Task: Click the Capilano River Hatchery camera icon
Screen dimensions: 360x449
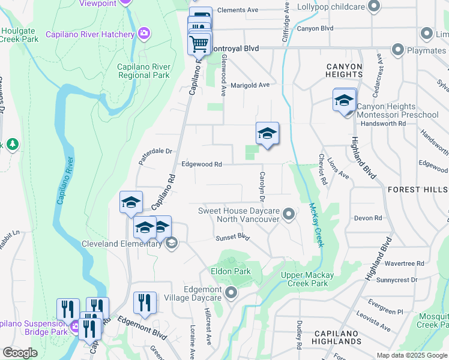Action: [x=143, y=34]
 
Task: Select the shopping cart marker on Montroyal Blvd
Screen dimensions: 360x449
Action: [x=199, y=43]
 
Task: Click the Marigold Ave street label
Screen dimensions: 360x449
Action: [x=250, y=85]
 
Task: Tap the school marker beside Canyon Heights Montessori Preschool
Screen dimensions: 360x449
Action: [x=345, y=101]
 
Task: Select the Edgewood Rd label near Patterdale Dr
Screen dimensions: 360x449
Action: [x=202, y=164]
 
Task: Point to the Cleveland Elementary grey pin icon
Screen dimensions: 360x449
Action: [x=171, y=243]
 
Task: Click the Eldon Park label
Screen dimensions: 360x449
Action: [x=231, y=272]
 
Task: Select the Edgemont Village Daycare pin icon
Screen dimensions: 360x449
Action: [x=232, y=293]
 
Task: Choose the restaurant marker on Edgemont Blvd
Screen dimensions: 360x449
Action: [x=145, y=302]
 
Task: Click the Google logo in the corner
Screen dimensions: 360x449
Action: [x=20, y=353]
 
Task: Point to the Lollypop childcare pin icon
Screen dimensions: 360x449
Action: [x=374, y=7]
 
